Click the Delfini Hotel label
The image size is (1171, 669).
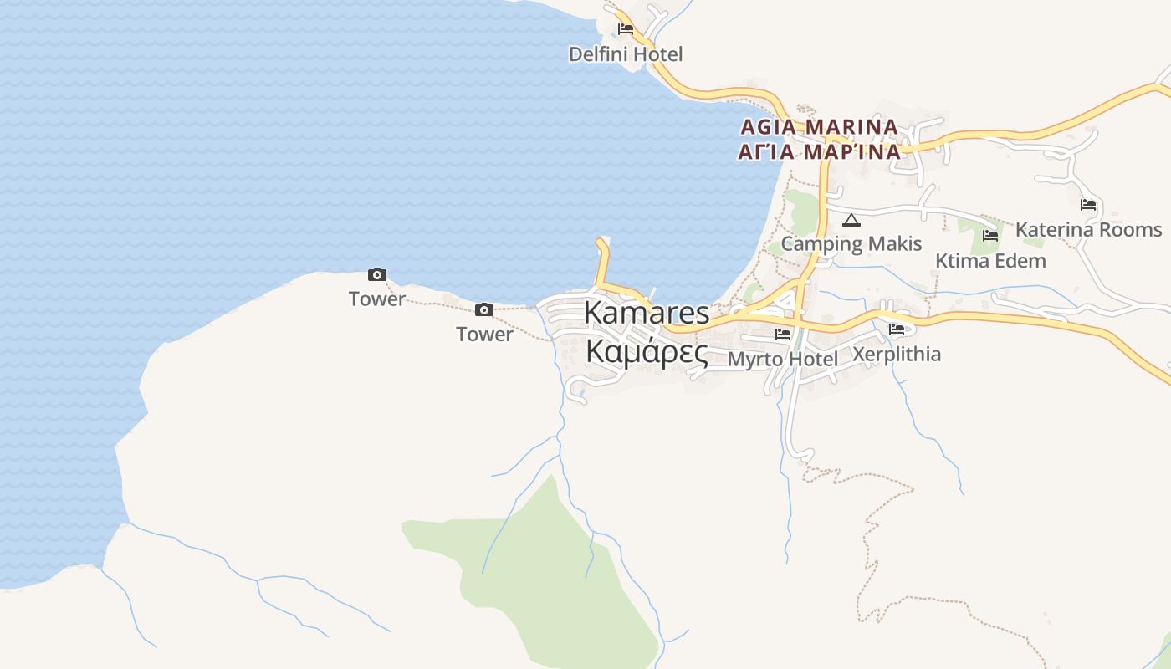[x=626, y=54]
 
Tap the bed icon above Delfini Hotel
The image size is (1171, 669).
[x=626, y=29]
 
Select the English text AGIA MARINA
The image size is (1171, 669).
[x=819, y=127]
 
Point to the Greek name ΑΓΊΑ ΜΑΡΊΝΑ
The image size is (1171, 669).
[x=819, y=152]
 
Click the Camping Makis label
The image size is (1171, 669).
[x=851, y=244]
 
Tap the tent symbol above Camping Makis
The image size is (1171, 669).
[x=851, y=221]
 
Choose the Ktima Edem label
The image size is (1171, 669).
[x=990, y=261]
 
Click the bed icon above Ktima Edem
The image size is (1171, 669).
[x=990, y=236]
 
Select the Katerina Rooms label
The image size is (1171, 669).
[x=1088, y=230]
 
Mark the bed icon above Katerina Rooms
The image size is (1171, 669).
[x=1088, y=204]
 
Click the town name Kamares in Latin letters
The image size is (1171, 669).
[x=647, y=314]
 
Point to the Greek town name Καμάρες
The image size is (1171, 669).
[x=647, y=352]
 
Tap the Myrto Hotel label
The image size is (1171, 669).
[x=783, y=360]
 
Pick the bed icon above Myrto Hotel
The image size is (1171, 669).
[x=783, y=334]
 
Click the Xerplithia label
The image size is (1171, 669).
[x=896, y=355]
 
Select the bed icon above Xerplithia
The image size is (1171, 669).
[x=897, y=329]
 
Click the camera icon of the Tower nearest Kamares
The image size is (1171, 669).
[x=484, y=310]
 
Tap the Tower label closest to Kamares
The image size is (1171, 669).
[x=484, y=334]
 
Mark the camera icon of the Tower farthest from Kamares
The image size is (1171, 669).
[x=377, y=274]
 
